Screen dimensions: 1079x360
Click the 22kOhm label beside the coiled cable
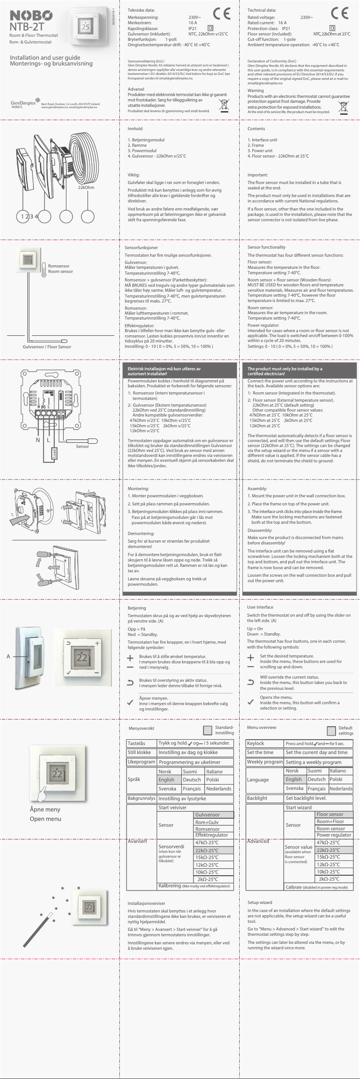point(86,188)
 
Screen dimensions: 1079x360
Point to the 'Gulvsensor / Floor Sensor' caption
point(47,347)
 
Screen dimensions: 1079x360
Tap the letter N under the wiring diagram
point(38,440)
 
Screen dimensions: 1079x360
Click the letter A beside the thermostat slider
point(8,657)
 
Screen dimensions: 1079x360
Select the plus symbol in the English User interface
point(250,658)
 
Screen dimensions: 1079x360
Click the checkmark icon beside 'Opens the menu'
point(250,702)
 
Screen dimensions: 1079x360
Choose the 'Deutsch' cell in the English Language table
point(316,779)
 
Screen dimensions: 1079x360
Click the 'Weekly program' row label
point(264,762)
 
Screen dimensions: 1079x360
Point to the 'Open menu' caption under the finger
point(45,819)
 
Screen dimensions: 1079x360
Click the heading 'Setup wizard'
point(259,902)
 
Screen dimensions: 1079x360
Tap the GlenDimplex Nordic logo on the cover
point(23,104)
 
